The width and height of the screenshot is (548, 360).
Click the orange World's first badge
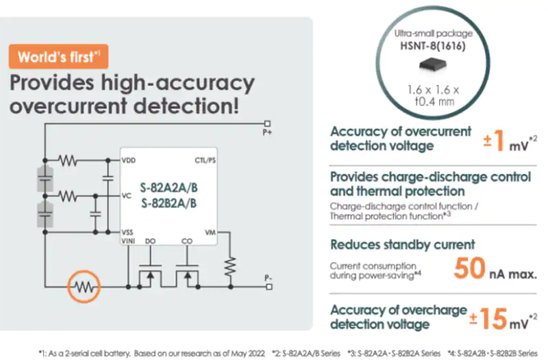58,57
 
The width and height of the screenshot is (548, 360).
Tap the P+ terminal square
267,124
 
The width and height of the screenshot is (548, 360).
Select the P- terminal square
269,287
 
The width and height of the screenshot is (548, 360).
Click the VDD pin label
129,160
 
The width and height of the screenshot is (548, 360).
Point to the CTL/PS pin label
205,160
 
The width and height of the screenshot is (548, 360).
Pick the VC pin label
127,196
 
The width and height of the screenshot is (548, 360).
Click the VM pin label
210,233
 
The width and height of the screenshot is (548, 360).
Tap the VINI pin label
128,241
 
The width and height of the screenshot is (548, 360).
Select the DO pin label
150,241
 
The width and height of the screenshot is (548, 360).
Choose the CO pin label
187,241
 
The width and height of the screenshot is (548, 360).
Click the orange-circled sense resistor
84,287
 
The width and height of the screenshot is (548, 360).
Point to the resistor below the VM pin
230,266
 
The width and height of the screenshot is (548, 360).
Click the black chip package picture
433,64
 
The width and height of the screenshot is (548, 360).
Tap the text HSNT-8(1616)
433,46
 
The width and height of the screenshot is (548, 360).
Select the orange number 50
470,268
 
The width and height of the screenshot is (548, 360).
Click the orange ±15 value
488,318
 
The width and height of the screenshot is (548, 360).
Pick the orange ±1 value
494,140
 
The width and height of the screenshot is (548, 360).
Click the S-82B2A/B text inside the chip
169,203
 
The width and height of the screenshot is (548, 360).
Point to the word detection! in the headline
186,105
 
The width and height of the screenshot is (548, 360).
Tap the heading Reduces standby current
403,244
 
